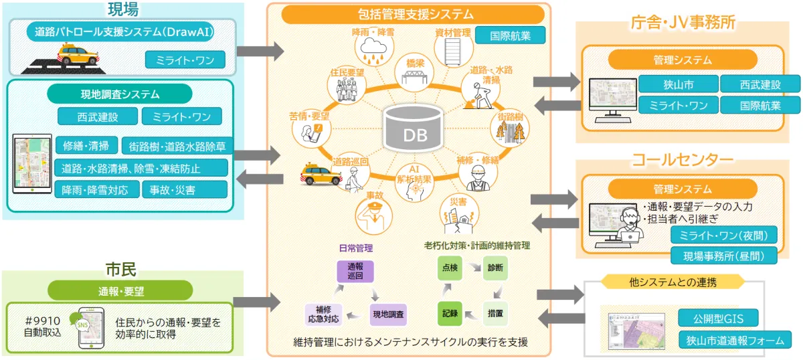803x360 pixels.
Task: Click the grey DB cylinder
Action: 414,128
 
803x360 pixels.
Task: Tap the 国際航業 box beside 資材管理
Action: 510,35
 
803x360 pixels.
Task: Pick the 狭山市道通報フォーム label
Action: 735,340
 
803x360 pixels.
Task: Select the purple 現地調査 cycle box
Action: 389,313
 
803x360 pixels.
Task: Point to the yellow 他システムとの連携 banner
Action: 673,282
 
